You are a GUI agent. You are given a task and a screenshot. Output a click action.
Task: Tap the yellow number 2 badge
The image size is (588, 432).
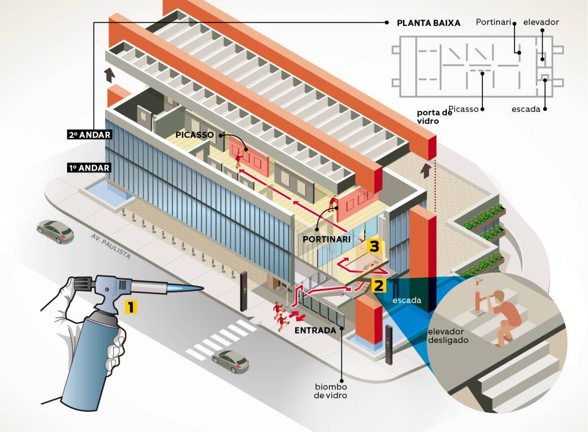tap(378, 285)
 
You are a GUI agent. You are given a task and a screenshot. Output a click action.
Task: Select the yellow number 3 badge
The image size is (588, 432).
tap(374, 247)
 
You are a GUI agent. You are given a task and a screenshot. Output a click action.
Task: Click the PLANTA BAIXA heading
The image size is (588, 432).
tap(428, 23)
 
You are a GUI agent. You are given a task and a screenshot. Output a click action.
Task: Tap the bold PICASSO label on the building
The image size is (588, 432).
tap(195, 134)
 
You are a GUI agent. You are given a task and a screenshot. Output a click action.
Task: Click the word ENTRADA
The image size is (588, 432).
tap(315, 330)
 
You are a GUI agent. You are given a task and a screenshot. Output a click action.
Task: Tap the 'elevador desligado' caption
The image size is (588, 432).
tap(448, 335)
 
